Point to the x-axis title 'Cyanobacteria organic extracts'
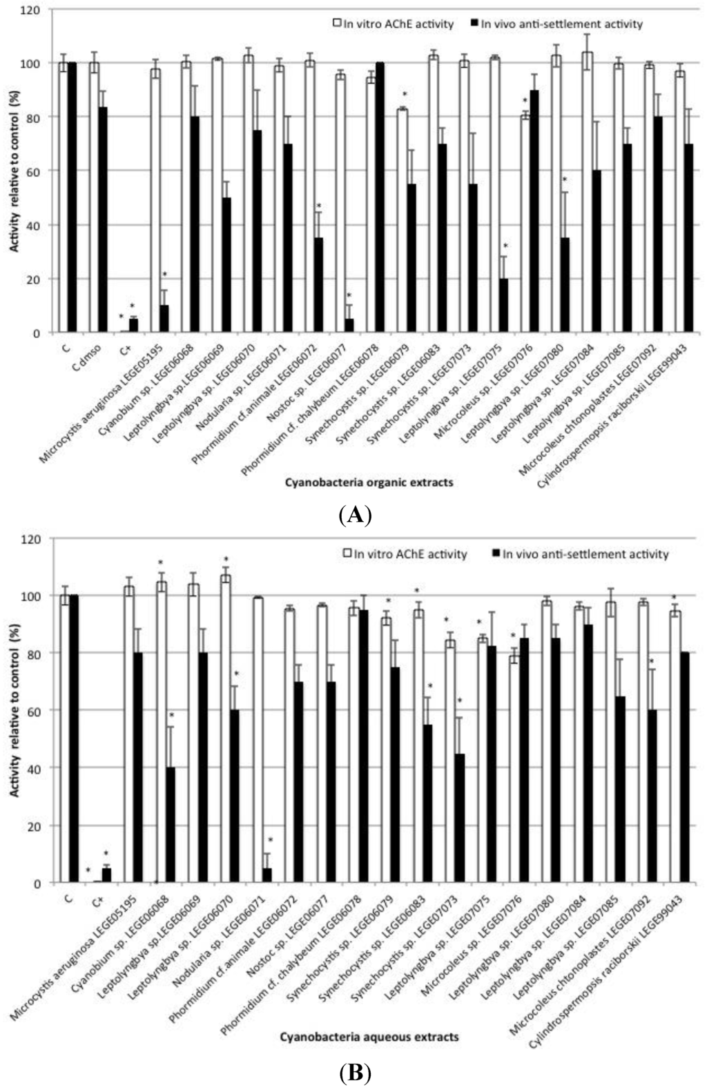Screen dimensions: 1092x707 coord(369,482)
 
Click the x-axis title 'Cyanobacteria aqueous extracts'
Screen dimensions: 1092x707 coord(369,1036)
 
